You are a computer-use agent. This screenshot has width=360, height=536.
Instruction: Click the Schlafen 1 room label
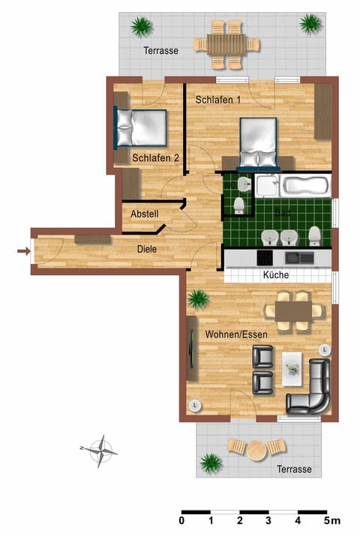218,100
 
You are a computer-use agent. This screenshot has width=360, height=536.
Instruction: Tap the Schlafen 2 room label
155,158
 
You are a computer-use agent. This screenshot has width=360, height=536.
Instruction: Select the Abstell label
145,214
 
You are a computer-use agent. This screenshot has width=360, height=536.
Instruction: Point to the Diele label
147,250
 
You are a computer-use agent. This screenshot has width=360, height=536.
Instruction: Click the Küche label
277,275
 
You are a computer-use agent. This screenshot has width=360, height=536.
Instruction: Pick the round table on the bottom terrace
257,451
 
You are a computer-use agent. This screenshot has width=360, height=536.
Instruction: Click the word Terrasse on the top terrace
160,50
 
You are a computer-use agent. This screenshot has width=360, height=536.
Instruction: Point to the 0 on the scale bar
182,519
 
